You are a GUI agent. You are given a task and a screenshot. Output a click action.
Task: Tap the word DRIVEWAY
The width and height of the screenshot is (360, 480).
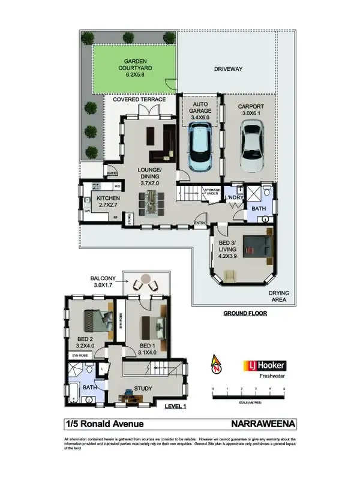coord(228,69)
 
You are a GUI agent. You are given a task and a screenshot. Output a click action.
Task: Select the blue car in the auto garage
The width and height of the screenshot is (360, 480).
coord(200,148)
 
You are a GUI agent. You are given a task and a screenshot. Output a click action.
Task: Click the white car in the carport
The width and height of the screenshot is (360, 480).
coord(251,146)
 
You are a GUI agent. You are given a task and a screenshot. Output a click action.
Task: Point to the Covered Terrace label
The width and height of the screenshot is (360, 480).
coord(140,100)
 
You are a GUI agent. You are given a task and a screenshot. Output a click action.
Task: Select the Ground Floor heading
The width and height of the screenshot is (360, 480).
coord(245,313)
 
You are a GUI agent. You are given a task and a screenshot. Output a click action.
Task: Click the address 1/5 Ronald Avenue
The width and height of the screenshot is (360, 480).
coord(104,424)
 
